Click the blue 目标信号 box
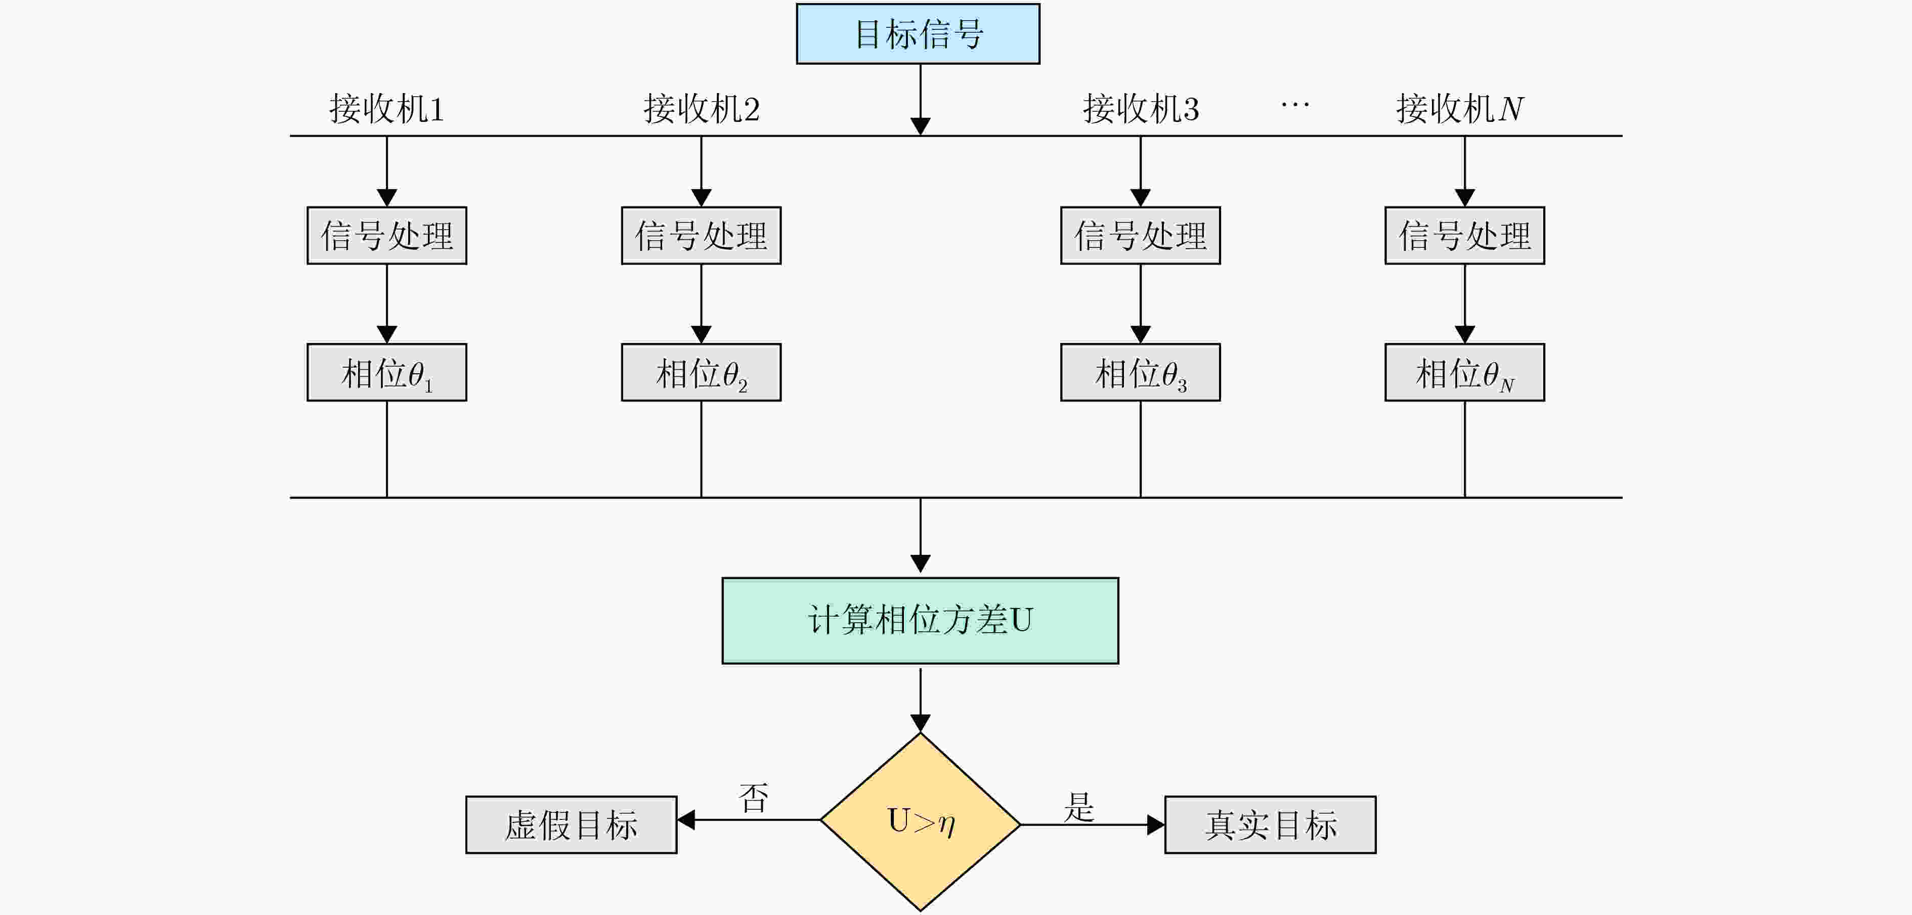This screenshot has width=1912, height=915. pos(918,34)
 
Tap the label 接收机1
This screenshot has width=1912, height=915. pos(387,109)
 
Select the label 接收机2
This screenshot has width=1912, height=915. pos(702,109)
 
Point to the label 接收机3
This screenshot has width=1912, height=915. pos(1141,109)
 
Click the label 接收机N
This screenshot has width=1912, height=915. pos(1459,109)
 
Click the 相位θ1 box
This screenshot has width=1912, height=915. pos(387,373)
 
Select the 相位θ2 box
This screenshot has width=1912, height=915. pos(702,373)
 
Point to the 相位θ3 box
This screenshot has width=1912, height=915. pos(1141,373)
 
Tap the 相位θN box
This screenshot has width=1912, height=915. pos(1464,373)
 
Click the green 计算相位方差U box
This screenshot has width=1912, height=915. pos(921,621)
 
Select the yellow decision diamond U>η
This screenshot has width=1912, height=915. pos(921,821)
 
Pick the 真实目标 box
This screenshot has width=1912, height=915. pos(1270,825)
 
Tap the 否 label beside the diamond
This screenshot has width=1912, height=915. pos(753,798)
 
